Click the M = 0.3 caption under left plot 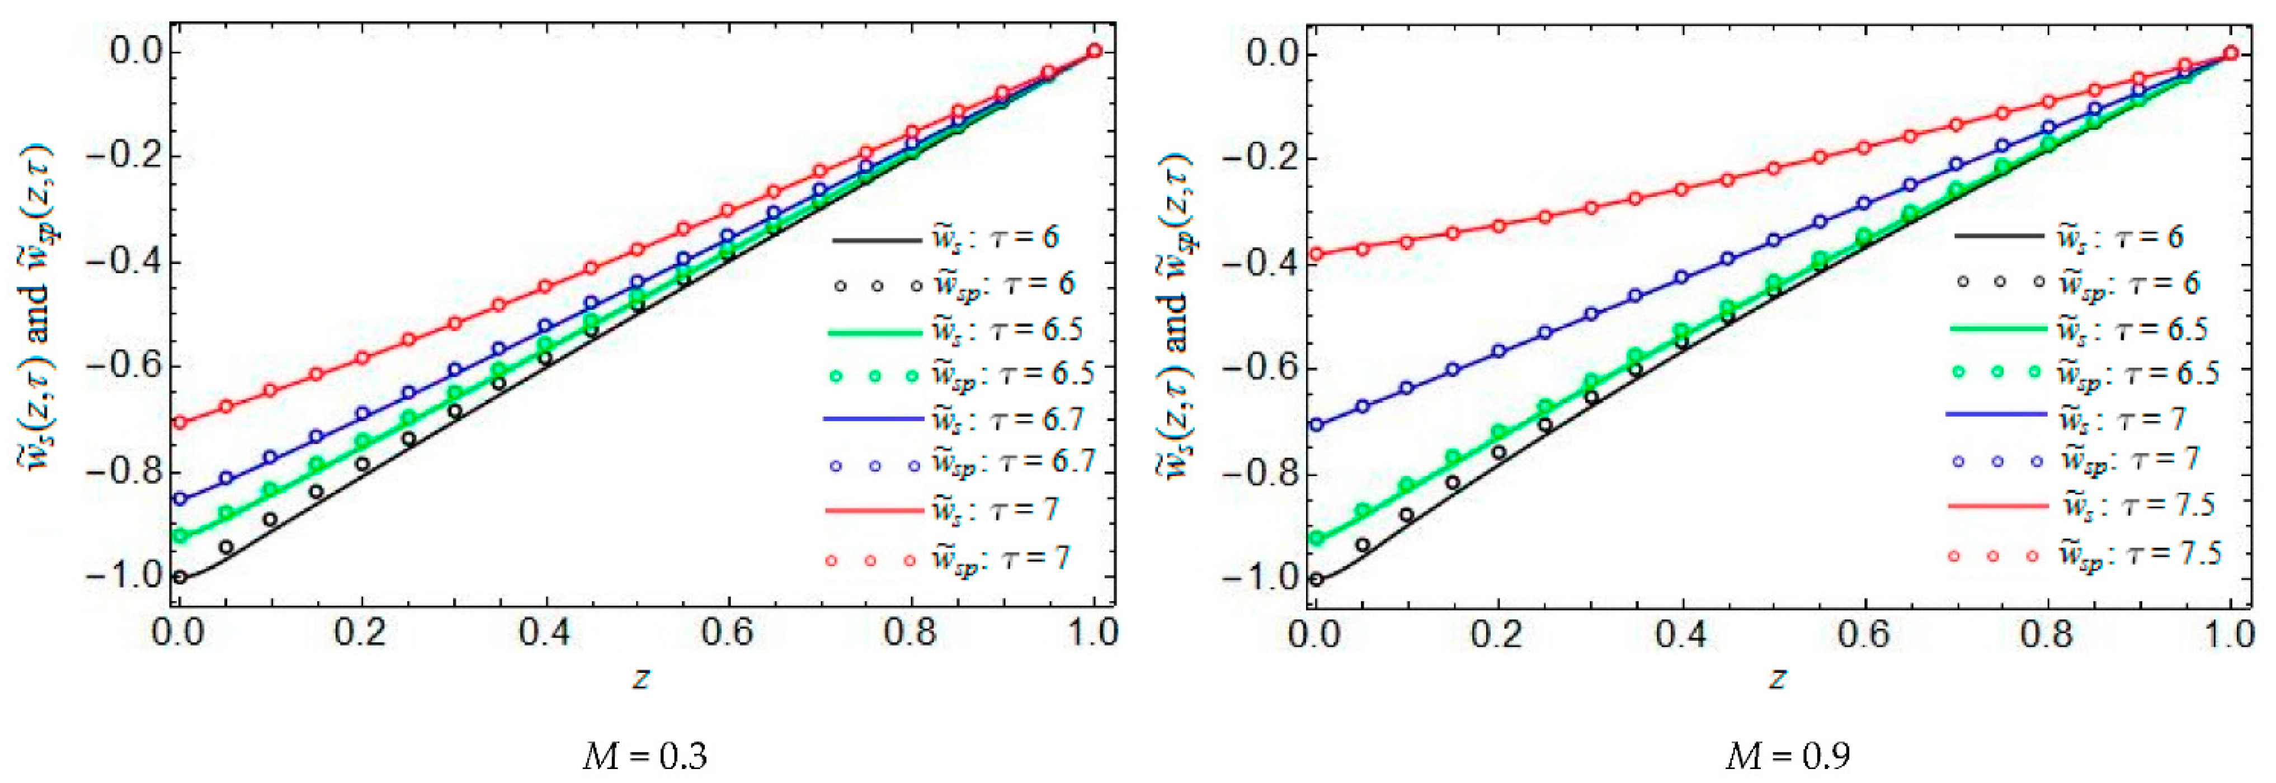tap(645, 756)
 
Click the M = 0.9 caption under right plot tap(1787, 756)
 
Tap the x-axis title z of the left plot tap(642, 678)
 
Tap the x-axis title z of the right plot tap(1778, 678)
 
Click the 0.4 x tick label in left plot tap(543, 634)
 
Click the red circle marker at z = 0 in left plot tap(180, 422)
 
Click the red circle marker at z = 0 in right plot tap(1317, 253)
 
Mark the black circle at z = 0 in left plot tap(180, 577)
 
